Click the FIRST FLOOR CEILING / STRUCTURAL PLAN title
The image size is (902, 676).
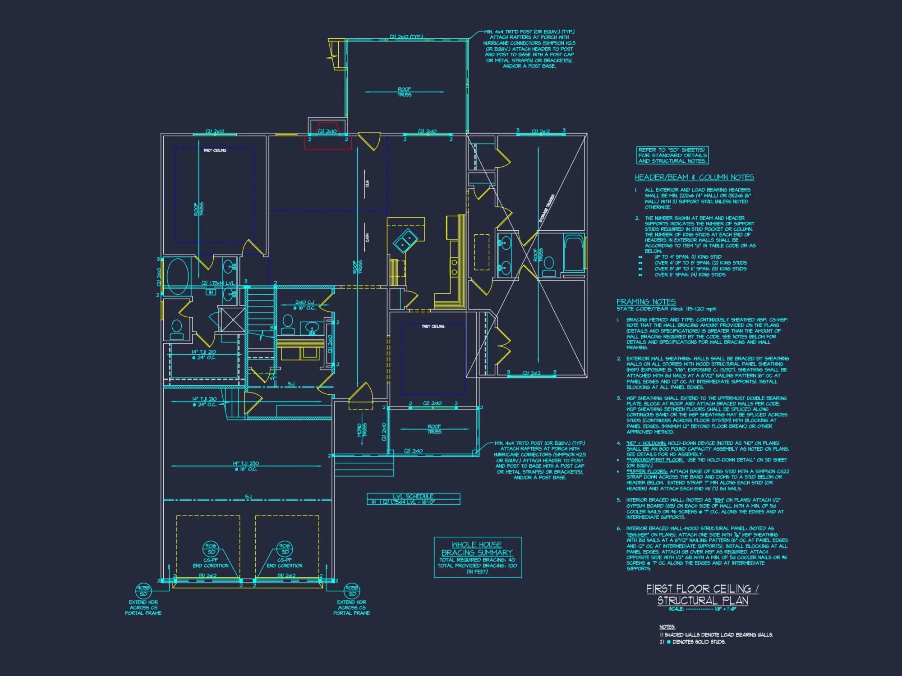[702, 594]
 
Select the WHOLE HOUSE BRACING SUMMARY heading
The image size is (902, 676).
[477, 548]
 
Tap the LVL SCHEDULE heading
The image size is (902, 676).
[413, 496]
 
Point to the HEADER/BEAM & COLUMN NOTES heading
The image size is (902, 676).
[694, 178]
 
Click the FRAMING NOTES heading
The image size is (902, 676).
[646, 301]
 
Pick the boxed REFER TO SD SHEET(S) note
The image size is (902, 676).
[672, 155]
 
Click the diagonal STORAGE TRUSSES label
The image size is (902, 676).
[547, 208]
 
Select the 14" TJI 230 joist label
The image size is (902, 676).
[246, 466]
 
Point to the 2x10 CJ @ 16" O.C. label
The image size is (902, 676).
[304, 305]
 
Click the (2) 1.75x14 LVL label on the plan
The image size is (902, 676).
[218, 283]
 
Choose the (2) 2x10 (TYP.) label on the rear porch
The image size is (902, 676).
[406, 37]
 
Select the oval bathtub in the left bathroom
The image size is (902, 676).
[177, 276]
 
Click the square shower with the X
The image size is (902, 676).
[233, 320]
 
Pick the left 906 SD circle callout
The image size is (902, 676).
[210, 548]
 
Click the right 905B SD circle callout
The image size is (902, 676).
[352, 590]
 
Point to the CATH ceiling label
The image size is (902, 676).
[367, 238]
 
